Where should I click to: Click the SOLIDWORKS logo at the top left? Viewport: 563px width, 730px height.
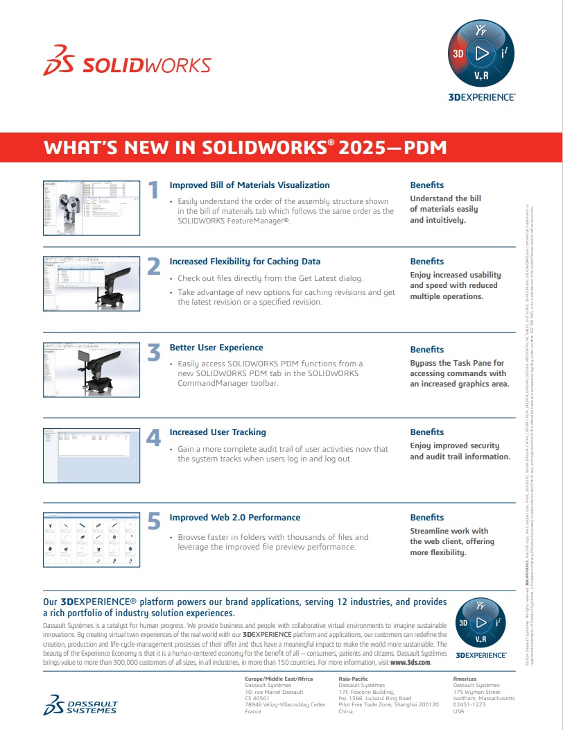coord(127,65)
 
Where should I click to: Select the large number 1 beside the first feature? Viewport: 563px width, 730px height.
coord(154,190)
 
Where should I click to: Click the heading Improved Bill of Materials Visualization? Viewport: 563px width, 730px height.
coord(250,185)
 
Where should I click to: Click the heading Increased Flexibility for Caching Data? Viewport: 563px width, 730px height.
coord(245,262)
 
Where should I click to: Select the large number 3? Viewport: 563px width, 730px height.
coord(154,353)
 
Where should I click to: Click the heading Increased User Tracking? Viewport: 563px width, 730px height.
coord(218,432)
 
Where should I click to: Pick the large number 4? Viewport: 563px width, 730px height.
coord(154,437)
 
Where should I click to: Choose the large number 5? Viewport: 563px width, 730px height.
coord(154,522)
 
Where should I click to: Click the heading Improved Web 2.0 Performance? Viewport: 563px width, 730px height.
coord(235,518)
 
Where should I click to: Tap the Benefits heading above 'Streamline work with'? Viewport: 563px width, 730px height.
coord(426,518)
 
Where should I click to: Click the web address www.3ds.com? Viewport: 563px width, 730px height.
coord(410,663)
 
